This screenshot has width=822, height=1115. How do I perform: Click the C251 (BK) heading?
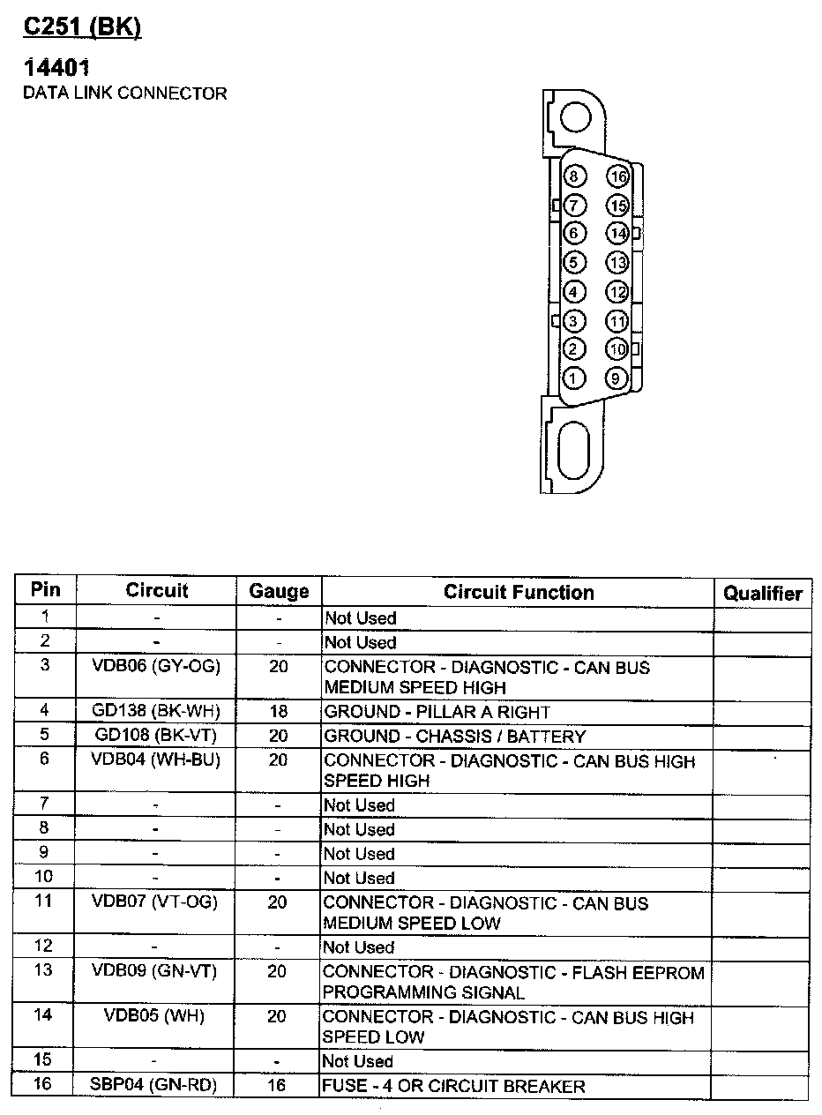pos(81,27)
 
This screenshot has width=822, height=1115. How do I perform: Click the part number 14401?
pos(57,68)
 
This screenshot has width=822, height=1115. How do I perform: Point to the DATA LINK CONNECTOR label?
pos(124,93)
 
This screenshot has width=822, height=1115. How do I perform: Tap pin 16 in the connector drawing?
pos(617,177)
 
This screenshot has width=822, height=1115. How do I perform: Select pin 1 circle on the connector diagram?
pos(574,378)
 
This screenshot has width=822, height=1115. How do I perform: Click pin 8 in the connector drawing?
pos(574,177)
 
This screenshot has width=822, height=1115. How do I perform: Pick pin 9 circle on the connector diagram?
pos(616,378)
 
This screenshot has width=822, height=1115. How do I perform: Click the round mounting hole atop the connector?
pos(576,116)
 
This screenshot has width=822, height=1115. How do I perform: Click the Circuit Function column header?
pos(518,592)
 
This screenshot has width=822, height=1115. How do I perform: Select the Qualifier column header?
pos(763,593)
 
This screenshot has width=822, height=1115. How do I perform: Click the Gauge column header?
pos(279,591)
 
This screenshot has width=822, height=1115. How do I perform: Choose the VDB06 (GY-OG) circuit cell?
pos(156,667)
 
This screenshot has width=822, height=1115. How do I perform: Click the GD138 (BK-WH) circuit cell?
pos(156,711)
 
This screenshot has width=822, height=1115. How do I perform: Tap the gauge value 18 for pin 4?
pos(278,711)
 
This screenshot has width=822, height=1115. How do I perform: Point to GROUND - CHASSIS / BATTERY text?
pos(454,737)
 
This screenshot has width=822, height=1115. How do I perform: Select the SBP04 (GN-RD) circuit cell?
pos(154,1084)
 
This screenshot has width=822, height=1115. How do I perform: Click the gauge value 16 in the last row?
pos(277,1085)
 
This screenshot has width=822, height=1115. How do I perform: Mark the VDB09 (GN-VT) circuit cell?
pos(154,971)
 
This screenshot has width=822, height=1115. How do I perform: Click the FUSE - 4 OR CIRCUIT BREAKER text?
pos(454,1086)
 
